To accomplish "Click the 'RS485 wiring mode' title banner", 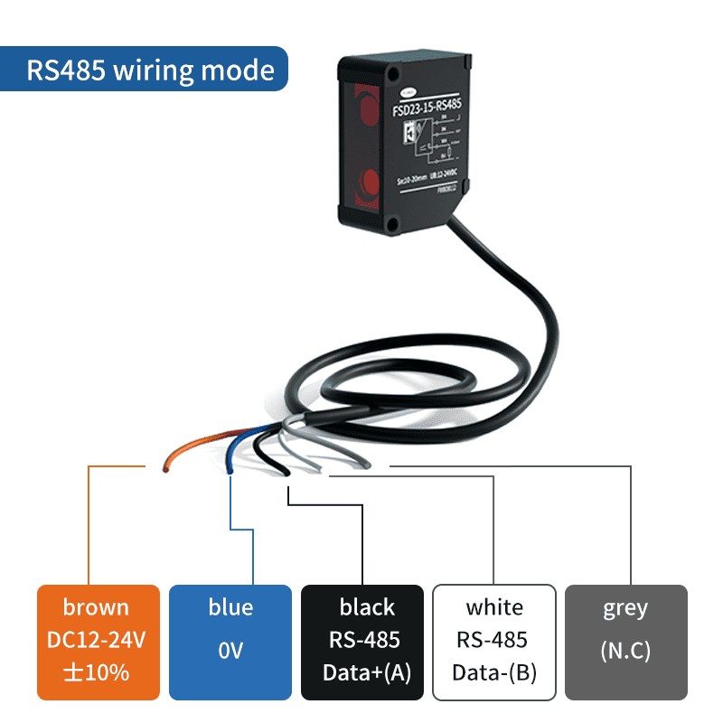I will [150, 70].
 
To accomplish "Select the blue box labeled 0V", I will [230, 641].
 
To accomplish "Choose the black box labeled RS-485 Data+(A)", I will [361, 641].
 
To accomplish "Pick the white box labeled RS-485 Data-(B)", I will [493, 641].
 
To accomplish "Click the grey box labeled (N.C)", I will [625, 641].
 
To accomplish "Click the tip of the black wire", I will [286, 472].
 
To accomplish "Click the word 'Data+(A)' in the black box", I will [361, 673].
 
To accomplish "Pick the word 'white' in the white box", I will [494, 607].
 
